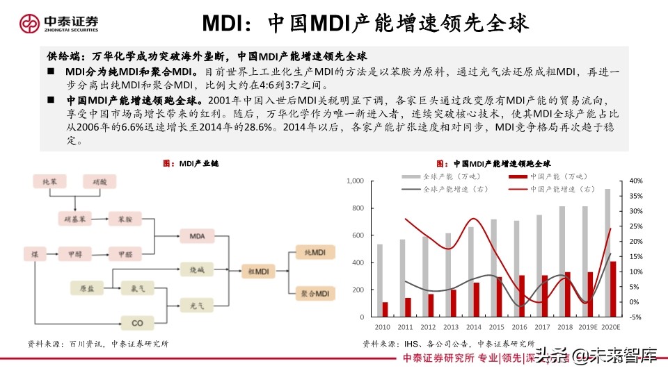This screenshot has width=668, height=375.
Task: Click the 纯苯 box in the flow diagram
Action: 51,182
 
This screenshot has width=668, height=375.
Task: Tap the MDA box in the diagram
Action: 197,237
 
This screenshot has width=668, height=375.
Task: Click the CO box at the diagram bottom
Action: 137,322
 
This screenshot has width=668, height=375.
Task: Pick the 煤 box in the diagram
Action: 35,254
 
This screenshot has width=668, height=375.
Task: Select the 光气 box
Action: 197,304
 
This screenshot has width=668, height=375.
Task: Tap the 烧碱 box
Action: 197,269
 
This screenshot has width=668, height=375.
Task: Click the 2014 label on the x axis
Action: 473,327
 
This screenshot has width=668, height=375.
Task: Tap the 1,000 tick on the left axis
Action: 355,181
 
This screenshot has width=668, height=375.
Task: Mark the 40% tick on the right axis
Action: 635,181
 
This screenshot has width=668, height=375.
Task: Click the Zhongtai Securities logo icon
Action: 31,24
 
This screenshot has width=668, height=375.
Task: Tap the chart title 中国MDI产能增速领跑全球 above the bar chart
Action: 497,165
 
